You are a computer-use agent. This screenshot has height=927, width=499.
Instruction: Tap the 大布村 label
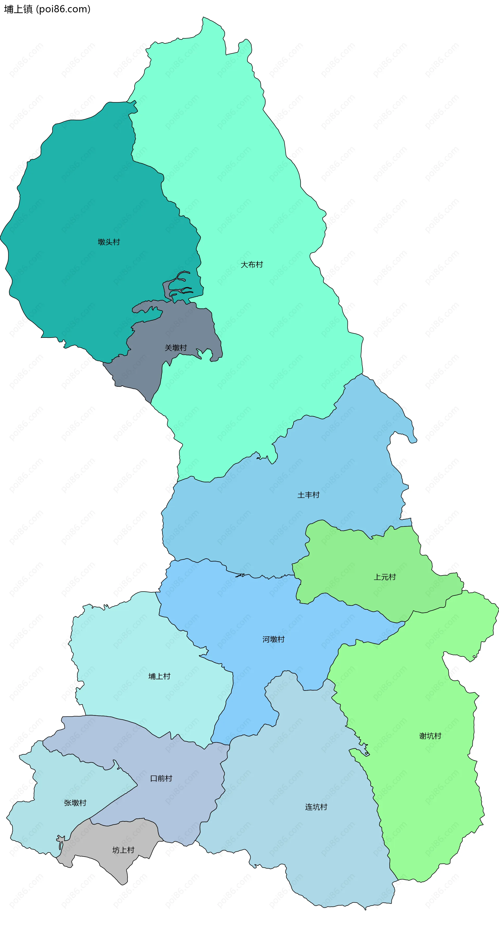[252, 265]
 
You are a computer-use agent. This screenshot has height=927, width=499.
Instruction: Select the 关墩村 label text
[176, 348]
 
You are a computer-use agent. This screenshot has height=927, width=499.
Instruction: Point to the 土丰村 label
[308, 495]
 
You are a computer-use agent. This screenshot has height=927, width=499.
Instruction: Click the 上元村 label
[385, 577]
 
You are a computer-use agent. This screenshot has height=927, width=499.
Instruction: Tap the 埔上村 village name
[159, 676]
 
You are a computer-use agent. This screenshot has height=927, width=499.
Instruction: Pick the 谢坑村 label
[430, 736]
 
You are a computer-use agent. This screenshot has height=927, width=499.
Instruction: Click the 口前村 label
[161, 779]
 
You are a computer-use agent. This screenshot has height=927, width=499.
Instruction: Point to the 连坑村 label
[316, 807]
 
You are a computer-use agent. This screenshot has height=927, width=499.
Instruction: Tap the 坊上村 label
[123, 850]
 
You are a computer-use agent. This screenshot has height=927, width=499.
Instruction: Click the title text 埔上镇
[18, 9]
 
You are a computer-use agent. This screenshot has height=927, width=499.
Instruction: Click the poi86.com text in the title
[63, 9]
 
